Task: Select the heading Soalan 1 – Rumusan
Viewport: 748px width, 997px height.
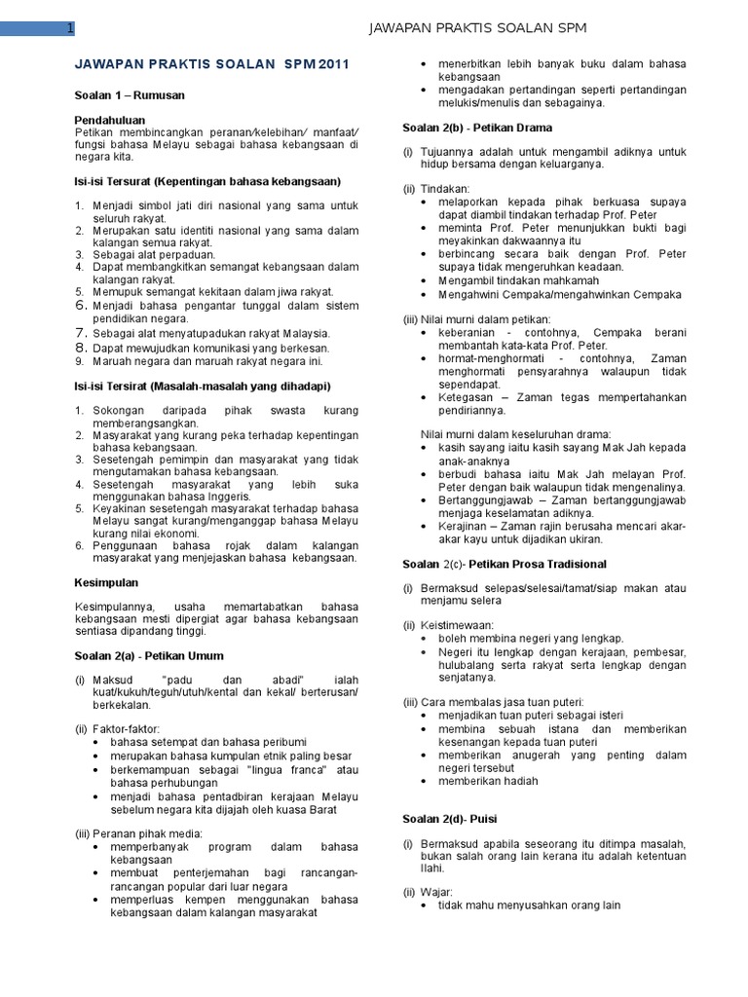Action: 130,95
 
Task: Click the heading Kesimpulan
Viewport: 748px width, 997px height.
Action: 107,582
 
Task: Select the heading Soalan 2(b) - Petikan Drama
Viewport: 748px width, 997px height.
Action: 477,128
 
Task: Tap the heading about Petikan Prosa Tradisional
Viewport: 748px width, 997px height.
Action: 505,564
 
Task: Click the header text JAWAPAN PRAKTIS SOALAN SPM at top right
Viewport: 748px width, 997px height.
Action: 476,28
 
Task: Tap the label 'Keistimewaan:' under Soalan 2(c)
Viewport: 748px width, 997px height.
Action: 457,625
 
